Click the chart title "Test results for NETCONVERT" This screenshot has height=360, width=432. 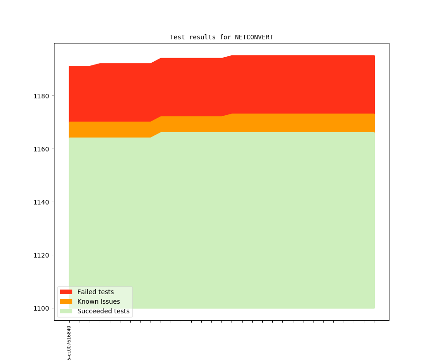pos(221,37)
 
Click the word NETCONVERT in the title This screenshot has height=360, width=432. pos(254,37)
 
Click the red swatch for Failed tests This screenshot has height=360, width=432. pos(66,292)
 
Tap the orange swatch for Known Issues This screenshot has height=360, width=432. pos(66,301)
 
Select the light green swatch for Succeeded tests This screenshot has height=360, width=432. pos(66,311)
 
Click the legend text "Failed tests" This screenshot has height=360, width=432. pos(95,292)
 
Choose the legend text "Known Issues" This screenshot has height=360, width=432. pos(98,301)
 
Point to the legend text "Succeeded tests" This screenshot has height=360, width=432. pos(103,311)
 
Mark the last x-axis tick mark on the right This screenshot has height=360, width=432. pos(374,322)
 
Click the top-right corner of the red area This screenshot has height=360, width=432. pos(374,56)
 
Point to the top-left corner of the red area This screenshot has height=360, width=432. pos(70,66)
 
